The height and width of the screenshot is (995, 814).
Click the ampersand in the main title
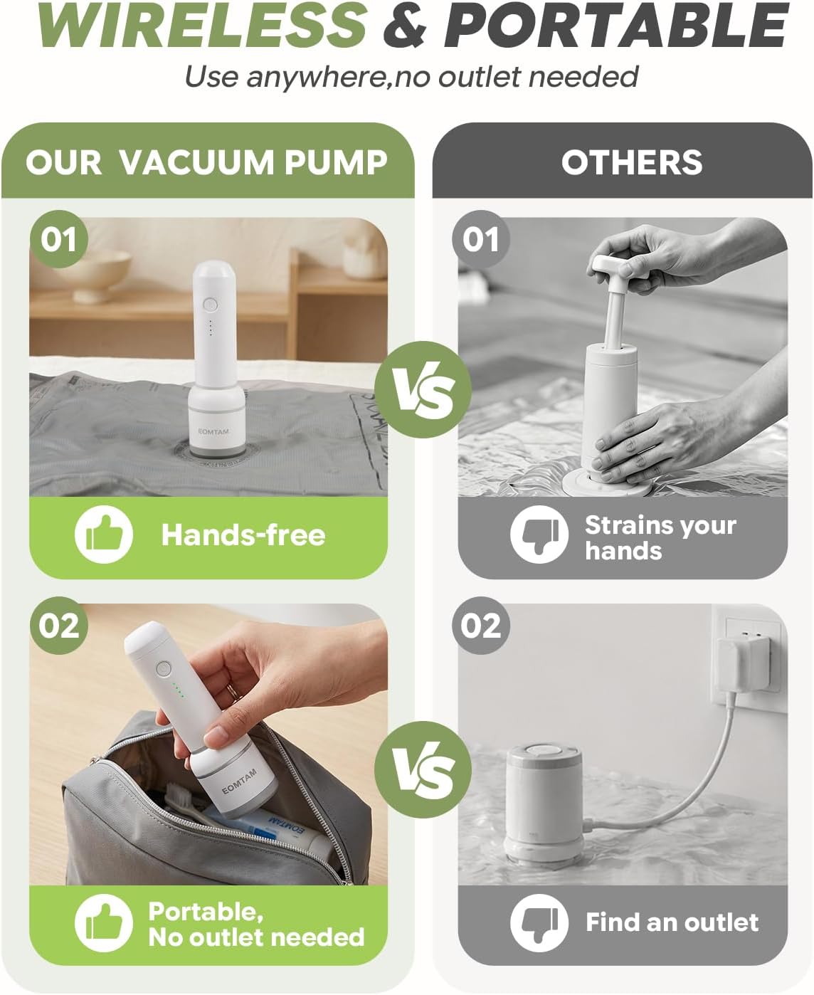405,26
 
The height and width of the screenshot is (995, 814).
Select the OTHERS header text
632,162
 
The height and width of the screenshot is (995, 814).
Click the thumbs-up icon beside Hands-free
103,534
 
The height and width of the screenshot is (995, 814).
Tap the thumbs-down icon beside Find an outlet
539,922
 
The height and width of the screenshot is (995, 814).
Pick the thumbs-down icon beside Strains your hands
539,534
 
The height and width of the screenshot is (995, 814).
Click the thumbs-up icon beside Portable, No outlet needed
103,922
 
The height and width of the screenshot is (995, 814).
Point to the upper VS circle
423,389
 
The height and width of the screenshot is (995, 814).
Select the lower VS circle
423,769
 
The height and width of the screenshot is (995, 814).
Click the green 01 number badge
59,239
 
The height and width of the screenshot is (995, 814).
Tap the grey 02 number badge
480,626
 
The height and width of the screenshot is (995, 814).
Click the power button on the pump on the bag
210,305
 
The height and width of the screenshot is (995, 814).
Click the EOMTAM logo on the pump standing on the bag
213,431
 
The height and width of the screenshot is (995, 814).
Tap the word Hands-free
243,535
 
